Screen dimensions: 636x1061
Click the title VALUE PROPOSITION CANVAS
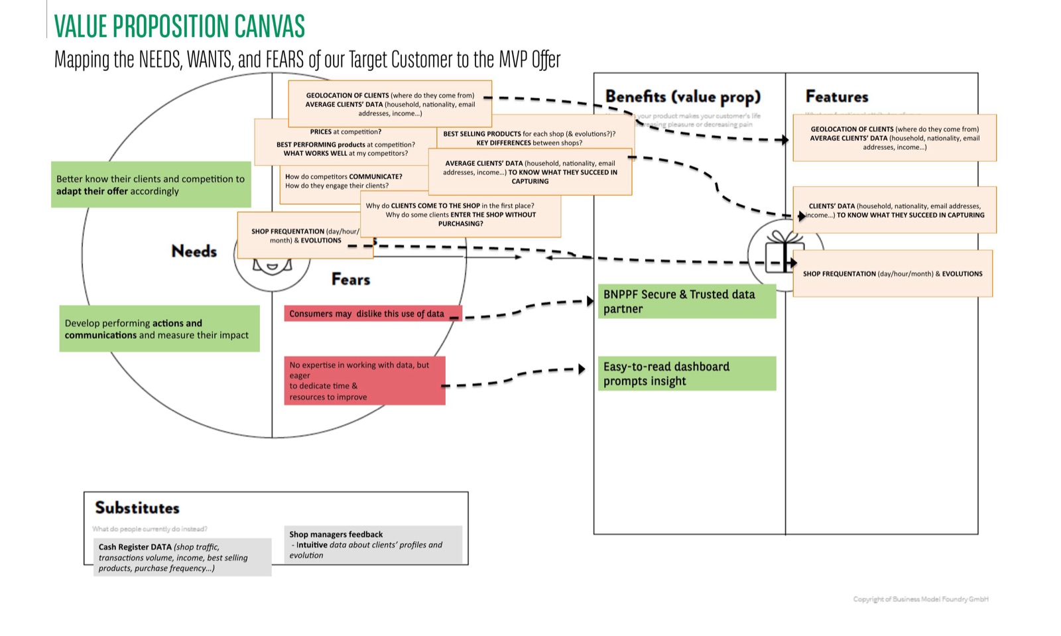click(179, 27)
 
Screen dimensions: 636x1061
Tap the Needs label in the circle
click(194, 251)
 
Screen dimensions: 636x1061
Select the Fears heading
click(350, 279)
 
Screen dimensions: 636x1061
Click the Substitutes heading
click(137, 508)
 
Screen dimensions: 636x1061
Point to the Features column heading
click(836, 97)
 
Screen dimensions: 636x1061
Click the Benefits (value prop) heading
click(682, 97)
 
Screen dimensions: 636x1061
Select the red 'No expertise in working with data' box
click(364, 381)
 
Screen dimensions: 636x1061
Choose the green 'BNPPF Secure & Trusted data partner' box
click(686, 301)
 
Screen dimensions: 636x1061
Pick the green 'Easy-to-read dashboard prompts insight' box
click(686, 373)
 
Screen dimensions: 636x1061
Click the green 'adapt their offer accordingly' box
click(151, 185)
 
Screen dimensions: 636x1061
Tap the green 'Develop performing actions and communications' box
click(159, 329)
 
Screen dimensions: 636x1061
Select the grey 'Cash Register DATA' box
click(182, 557)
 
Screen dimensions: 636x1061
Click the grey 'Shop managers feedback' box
click(373, 544)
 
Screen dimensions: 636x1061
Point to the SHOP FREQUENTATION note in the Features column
click(892, 274)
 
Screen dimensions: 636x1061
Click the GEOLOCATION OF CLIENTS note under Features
click(894, 138)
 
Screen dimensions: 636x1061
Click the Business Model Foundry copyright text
click(920, 600)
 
